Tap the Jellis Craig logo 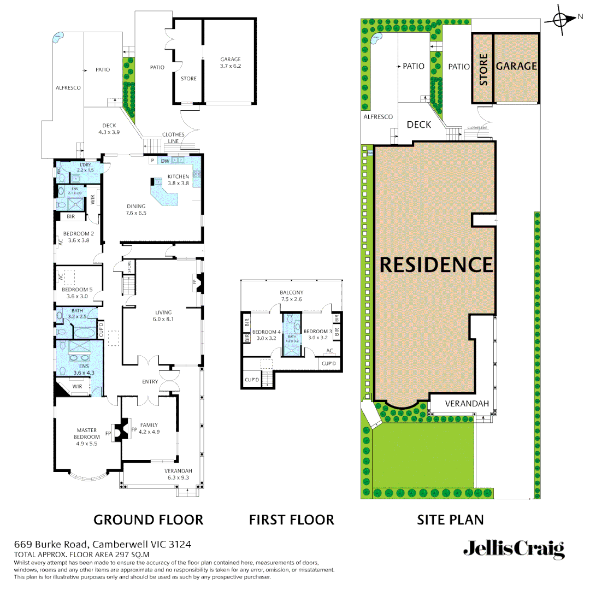click(514, 549)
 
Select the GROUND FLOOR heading click(148, 520)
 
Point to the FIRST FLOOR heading click(291, 520)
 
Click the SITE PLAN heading click(450, 520)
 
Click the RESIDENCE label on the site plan click(436, 265)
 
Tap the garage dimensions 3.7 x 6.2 click(230, 66)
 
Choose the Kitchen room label click(178, 176)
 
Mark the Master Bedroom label click(87, 433)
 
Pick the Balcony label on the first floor click(291, 293)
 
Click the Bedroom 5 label click(77, 290)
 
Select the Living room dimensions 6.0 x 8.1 click(163, 319)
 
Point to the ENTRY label click(150, 382)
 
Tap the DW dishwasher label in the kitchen click(164, 161)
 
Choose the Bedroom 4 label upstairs click(266, 332)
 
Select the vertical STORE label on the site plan click(483, 69)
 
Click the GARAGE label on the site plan click(516, 66)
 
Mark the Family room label click(149, 425)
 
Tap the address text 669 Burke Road click(54, 545)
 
